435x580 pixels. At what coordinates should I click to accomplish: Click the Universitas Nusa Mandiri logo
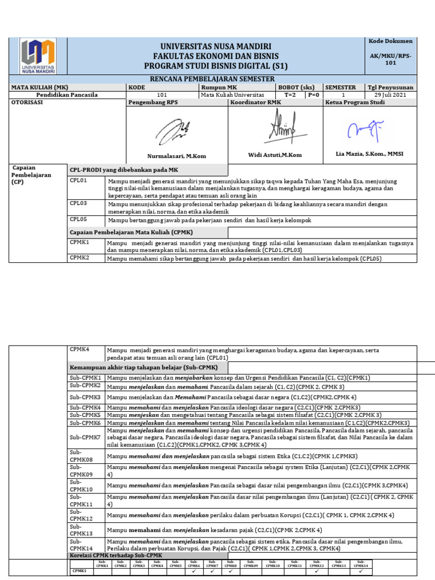[x=38, y=57]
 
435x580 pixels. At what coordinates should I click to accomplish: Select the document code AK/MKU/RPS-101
[x=391, y=59]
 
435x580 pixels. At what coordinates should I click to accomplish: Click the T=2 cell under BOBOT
[x=290, y=95]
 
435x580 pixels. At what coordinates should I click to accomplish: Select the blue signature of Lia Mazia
[x=366, y=131]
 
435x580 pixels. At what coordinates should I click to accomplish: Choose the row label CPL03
[x=78, y=203]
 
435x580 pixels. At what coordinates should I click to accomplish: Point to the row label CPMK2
[x=79, y=258]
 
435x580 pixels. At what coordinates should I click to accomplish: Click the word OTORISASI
[x=27, y=103]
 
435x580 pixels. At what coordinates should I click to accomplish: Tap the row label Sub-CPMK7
[x=85, y=438]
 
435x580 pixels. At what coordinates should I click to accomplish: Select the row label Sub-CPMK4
[x=85, y=407]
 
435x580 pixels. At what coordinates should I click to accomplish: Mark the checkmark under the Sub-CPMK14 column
[x=361, y=572]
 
